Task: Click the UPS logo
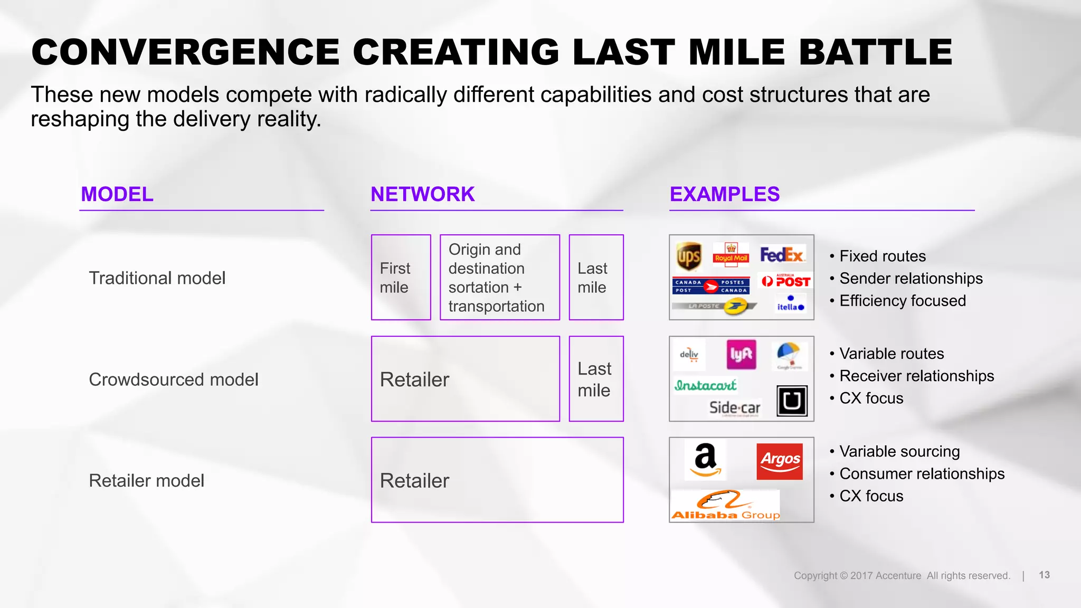(x=689, y=256)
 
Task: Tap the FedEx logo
(x=782, y=255)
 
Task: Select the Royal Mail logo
(x=731, y=254)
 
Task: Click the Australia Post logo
(x=786, y=281)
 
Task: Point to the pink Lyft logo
(x=741, y=355)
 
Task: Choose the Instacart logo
(x=705, y=385)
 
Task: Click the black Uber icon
(x=792, y=401)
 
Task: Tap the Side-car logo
(x=735, y=407)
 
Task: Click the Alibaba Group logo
(x=725, y=506)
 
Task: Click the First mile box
(x=401, y=278)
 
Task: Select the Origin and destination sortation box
(x=499, y=278)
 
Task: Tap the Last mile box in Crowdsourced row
(x=596, y=379)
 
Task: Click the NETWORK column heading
(x=422, y=194)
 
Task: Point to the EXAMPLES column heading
(x=724, y=194)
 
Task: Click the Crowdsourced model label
(x=174, y=379)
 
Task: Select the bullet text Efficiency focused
(x=902, y=301)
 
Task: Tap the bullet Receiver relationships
(x=916, y=376)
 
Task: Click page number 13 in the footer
(x=1044, y=575)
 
